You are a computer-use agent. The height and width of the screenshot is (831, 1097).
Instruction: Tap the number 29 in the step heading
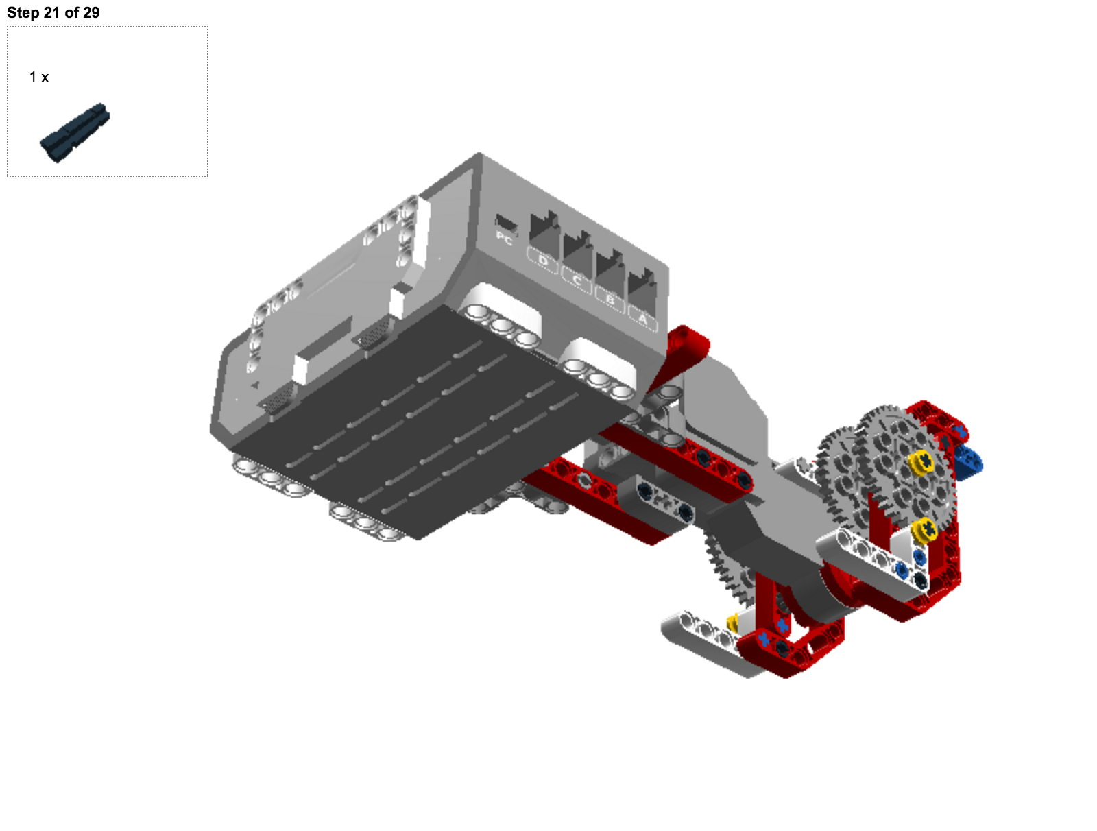91,12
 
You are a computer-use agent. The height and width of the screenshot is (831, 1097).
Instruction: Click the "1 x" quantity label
39,77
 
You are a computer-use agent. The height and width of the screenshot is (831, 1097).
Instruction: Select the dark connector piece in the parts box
75,132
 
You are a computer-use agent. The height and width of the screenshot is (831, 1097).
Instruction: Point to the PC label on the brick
504,239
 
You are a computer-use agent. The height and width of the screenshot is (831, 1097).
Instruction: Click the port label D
543,261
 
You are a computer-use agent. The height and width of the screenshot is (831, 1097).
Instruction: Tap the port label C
577,281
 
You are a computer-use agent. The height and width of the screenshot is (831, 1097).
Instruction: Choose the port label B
610,300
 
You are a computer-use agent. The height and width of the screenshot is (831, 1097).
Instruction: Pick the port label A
642,319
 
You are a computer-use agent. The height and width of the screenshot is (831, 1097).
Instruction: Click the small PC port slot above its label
506,223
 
